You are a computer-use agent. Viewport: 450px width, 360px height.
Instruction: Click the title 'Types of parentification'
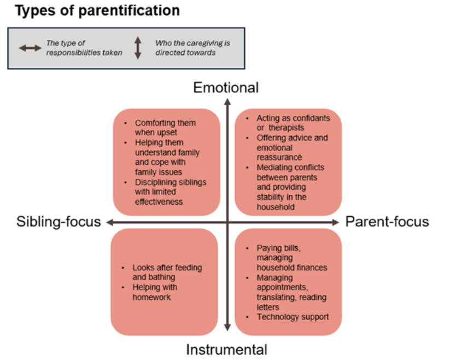coord(97,10)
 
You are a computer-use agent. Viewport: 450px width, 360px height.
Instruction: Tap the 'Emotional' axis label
coord(226,88)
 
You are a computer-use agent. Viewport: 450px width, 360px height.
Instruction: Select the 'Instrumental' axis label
coord(227,350)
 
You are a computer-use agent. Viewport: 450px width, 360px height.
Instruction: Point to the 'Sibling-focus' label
coord(59,222)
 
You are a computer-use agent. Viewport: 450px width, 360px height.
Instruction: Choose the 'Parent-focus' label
coord(387,222)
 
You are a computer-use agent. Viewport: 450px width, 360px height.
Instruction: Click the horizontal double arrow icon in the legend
coord(30,48)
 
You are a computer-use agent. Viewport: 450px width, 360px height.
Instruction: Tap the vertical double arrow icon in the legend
coord(138,48)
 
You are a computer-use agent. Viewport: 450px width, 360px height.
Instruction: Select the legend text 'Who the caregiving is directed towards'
coord(186,48)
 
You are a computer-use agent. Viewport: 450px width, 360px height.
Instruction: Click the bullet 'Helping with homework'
coord(155,292)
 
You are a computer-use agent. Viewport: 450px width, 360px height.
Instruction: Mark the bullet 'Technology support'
coord(293,317)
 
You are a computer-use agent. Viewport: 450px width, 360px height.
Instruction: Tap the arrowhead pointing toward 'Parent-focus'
coord(336,222)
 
